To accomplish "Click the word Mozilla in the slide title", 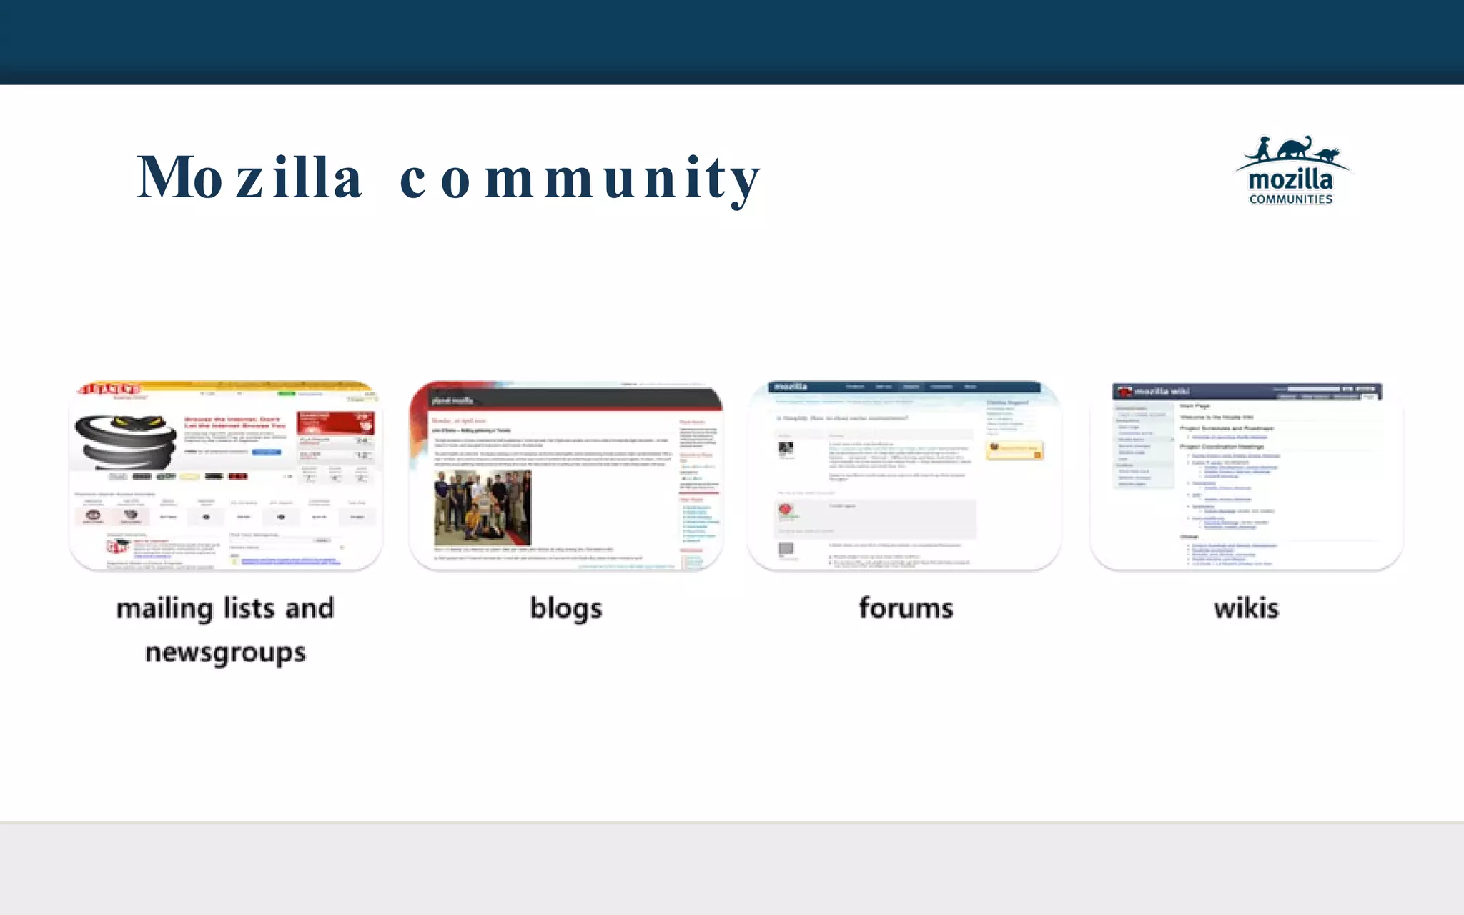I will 250,177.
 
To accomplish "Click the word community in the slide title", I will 580,179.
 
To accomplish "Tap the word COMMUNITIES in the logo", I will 1291,199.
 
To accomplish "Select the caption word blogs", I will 565,608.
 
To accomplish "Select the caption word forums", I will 906,608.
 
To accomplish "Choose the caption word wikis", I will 1246,608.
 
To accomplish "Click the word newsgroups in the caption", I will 225,653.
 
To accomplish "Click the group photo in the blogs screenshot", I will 483,508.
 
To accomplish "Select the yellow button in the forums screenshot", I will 1014,449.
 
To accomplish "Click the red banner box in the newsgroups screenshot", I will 336,422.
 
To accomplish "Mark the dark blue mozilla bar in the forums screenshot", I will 904,387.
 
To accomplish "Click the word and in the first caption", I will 310,608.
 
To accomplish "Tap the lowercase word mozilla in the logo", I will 1290,179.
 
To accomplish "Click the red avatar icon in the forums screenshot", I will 786,510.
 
